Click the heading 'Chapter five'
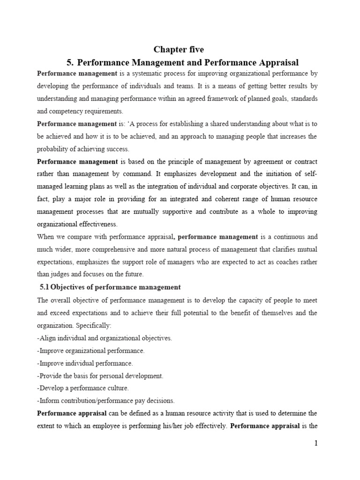click(x=180, y=50)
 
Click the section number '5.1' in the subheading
click(x=45, y=287)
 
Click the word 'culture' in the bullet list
click(x=118, y=388)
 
